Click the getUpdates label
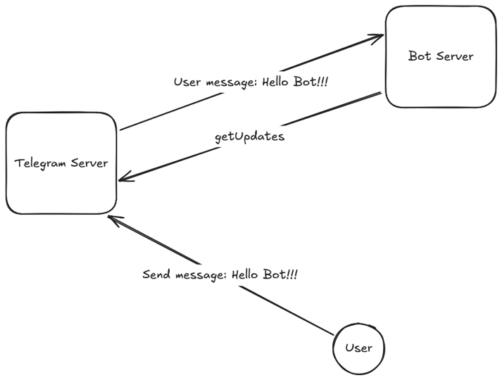pos(249,137)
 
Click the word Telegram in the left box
pos(40,163)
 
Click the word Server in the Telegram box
pos(89,163)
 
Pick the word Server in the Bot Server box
pos(455,56)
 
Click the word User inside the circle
pos(358,348)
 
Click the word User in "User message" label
pos(187,82)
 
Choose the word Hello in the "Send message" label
pos(244,274)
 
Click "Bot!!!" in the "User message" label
pos(311,82)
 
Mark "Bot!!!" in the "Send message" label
pos(280,274)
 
